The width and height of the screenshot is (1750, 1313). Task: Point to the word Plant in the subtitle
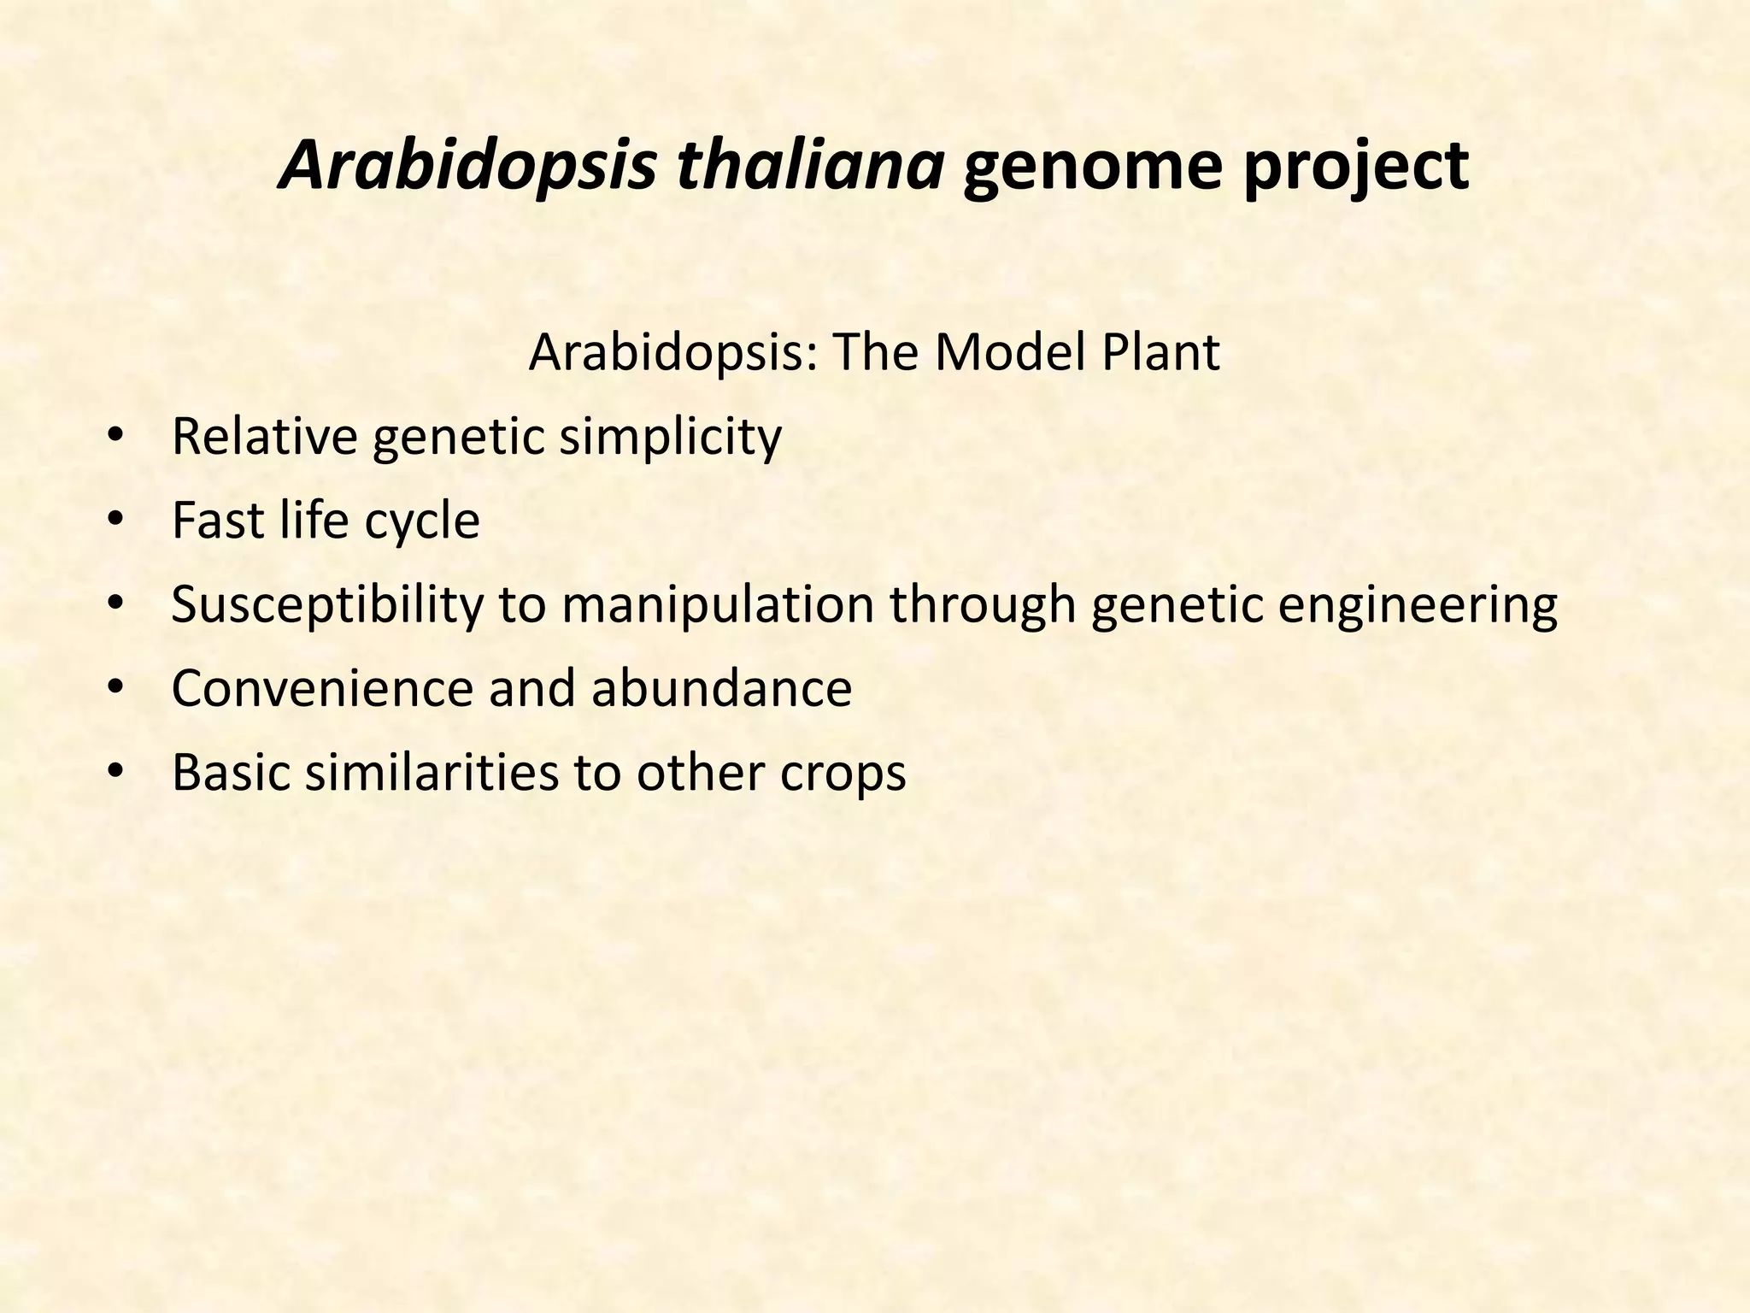[1160, 352]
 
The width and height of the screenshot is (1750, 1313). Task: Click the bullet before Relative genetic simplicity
[116, 437]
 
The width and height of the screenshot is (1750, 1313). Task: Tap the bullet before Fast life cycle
[116, 521]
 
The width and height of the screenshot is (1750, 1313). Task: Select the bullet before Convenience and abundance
[116, 688]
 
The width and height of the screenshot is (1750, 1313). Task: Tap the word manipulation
[718, 604]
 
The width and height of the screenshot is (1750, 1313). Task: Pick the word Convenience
[321, 688]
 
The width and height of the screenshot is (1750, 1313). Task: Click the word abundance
[721, 688]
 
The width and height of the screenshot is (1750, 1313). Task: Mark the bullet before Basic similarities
[116, 772]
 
